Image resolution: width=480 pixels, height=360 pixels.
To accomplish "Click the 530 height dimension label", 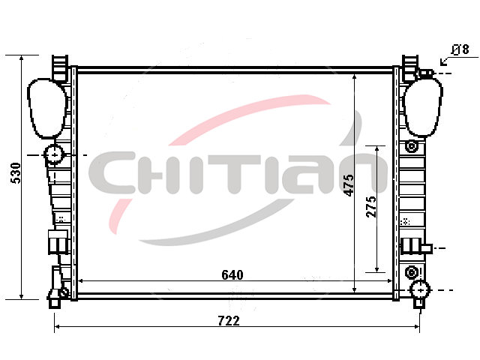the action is coord(16,173).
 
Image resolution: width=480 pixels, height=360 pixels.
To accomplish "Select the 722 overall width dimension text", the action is coord(229,321).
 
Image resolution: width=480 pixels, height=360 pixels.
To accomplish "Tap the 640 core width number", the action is coord(232,275).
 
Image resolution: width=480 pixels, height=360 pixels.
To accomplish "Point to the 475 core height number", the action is coord(348,185).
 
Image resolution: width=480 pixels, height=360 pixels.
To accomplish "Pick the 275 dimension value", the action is coord(371,207).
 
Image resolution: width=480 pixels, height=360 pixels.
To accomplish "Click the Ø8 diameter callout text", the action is coord(460,49).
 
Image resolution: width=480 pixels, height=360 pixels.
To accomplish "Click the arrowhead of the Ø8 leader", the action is coord(442,63).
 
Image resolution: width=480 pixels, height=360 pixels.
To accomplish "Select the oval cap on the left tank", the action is coord(46,108).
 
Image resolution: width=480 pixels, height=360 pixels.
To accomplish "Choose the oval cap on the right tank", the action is coord(423,106).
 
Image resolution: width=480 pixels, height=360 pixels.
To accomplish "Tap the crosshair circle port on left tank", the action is coord(54,155).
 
